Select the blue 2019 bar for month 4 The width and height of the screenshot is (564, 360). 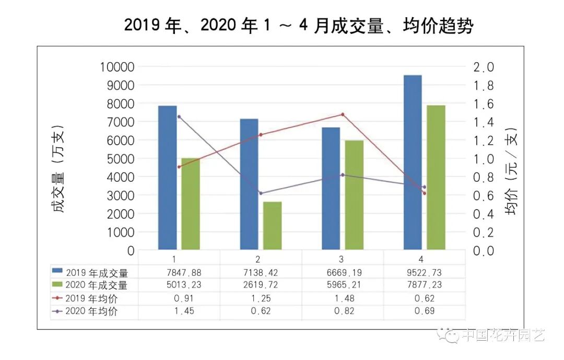pyautogui.click(x=413, y=162)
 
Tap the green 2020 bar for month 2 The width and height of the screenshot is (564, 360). pyautogui.click(x=272, y=226)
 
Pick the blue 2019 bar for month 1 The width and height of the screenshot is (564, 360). pyautogui.click(x=167, y=178)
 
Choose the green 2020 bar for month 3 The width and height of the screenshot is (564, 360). pyautogui.click(x=354, y=195)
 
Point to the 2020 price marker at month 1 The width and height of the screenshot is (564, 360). pyautogui.click(x=179, y=117)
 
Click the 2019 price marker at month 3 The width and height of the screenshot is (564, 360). pyautogui.click(x=343, y=114)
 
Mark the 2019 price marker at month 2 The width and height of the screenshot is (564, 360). pyautogui.click(x=261, y=135)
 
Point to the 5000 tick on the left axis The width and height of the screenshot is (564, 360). pyautogui.click(x=119, y=159)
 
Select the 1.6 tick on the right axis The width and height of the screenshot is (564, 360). pyautogui.click(x=483, y=104)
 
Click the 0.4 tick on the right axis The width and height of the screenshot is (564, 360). pyautogui.click(x=483, y=214)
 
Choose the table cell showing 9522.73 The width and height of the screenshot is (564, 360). pyautogui.click(x=424, y=272)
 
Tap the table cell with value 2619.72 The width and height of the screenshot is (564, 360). pyautogui.click(x=260, y=285)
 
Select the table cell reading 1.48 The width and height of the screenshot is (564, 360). pyautogui.click(x=342, y=299)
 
